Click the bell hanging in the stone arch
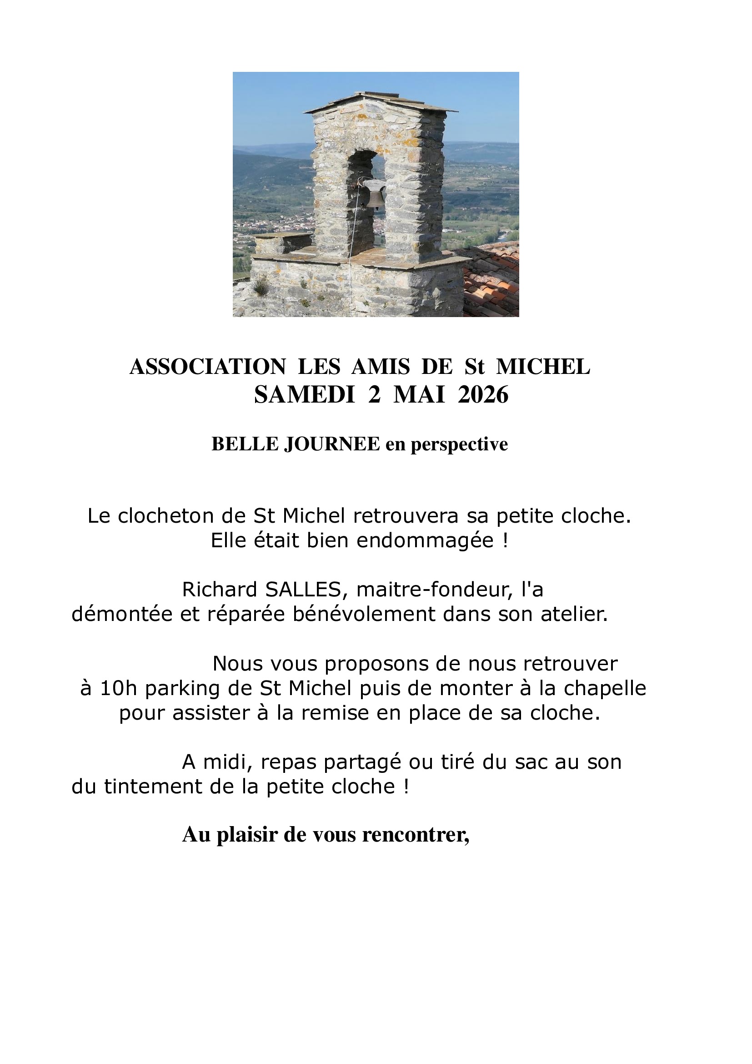[374, 195]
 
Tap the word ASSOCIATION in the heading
[208, 368]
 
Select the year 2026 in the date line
[483, 396]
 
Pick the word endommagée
[426, 541]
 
